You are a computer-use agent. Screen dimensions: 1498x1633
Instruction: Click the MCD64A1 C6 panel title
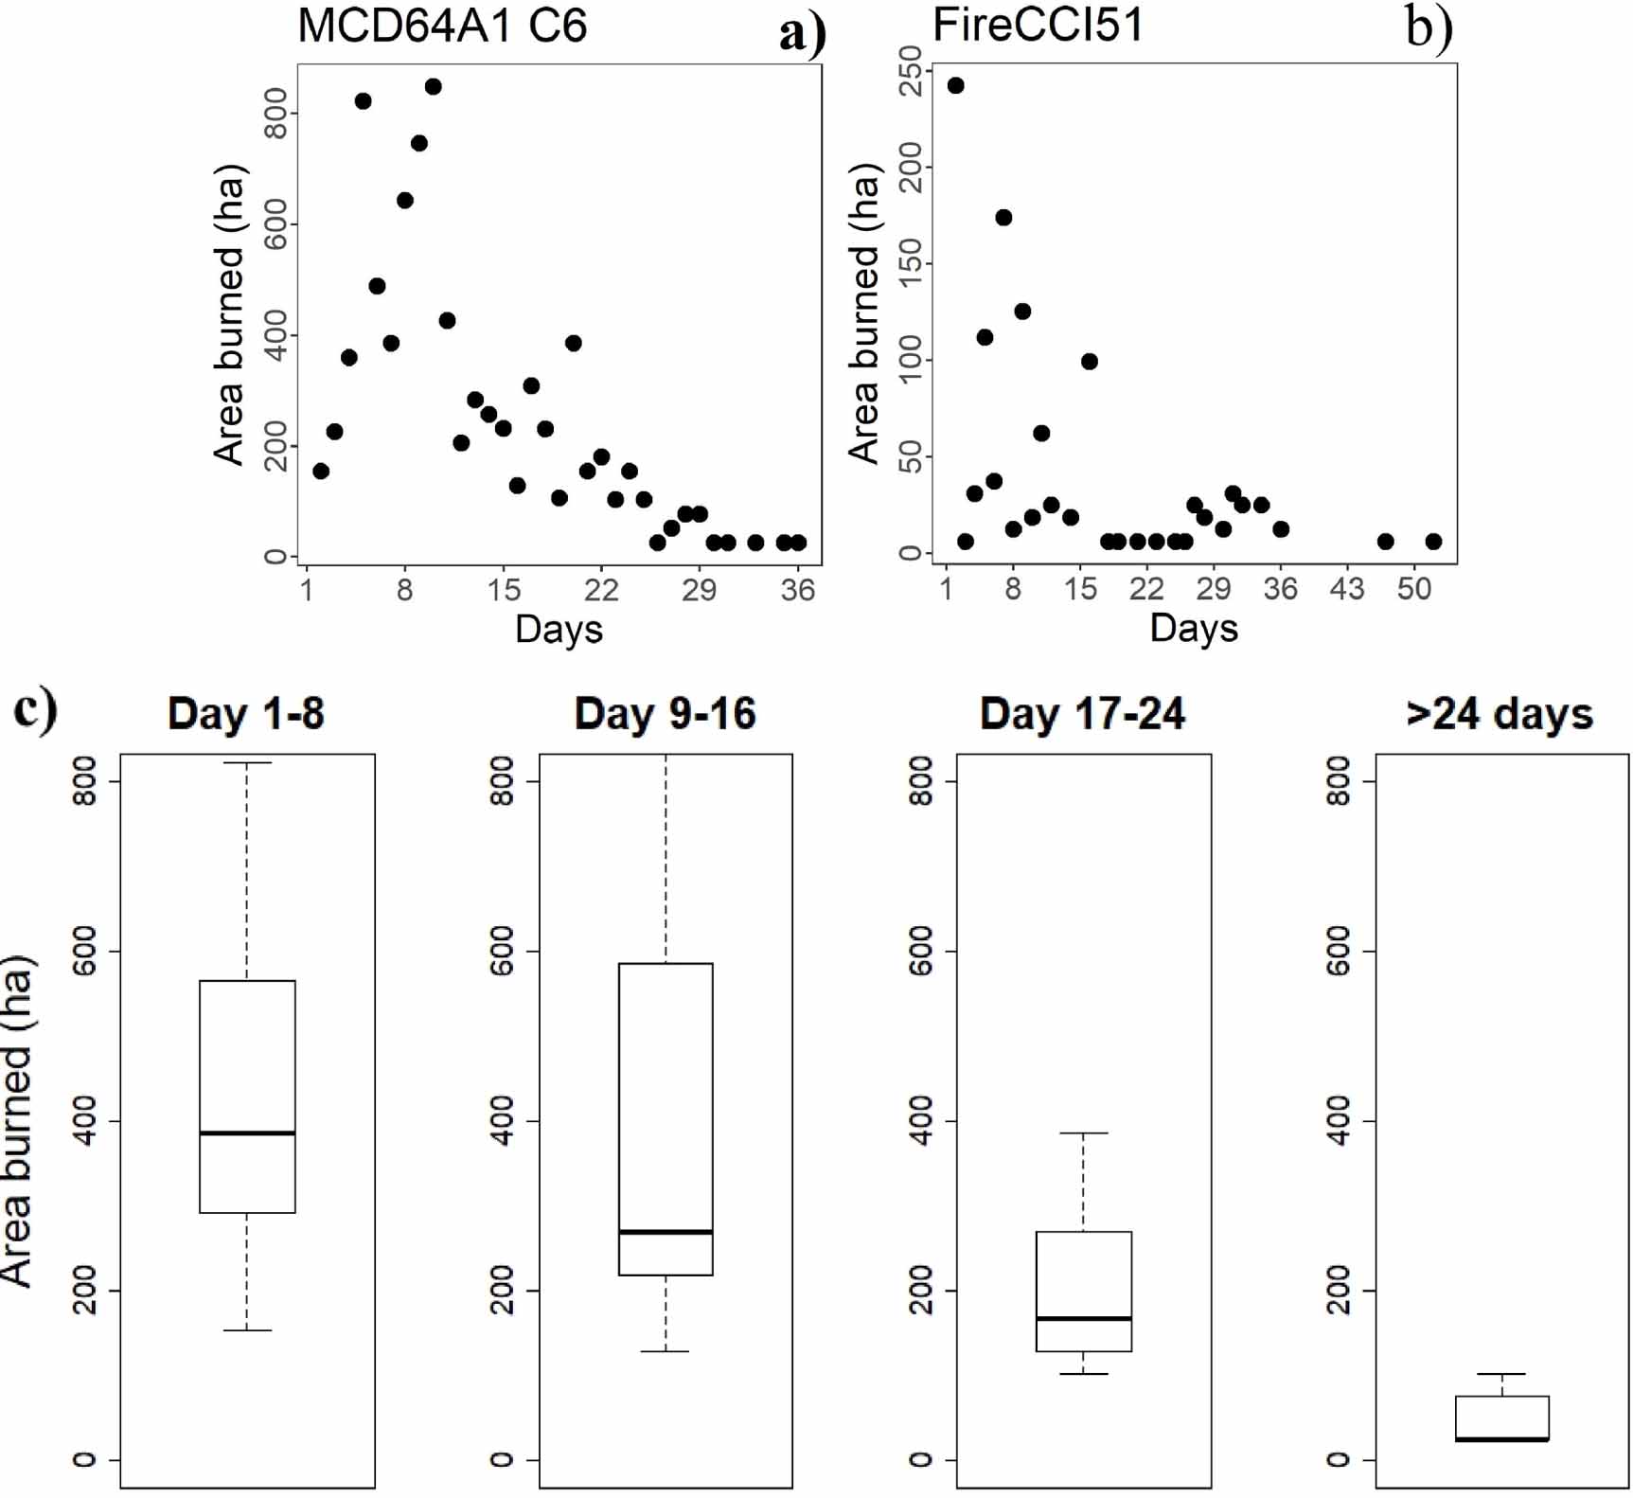pyautogui.click(x=442, y=26)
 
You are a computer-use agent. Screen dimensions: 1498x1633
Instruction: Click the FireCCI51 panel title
pyautogui.click(x=1038, y=26)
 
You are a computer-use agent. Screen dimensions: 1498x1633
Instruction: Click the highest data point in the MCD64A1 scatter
pyautogui.click(x=434, y=87)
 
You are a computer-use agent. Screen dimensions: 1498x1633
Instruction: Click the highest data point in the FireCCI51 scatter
pyautogui.click(x=956, y=86)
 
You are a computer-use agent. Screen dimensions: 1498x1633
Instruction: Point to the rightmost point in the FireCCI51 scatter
pyautogui.click(x=1433, y=542)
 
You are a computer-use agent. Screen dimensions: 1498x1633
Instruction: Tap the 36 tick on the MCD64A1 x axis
pyautogui.click(x=798, y=590)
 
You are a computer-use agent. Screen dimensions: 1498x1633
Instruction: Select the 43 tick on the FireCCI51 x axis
pyautogui.click(x=1347, y=590)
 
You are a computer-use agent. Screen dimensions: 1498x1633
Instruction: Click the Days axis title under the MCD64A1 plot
pyautogui.click(x=559, y=630)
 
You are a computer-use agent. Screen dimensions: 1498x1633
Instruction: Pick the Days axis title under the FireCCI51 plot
pyautogui.click(x=1194, y=629)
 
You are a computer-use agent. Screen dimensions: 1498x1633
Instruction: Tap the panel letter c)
pyautogui.click(x=35, y=709)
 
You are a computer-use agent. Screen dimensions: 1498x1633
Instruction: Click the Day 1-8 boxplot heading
pyautogui.click(x=246, y=714)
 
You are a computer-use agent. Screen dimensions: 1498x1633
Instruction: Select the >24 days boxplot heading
pyautogui.click(x=1500, y=714)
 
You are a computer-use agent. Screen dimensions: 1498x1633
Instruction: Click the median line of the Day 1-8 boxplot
pyautogui.click(x=247, y=1132)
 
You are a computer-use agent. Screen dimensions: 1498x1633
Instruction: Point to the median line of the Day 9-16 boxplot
pyautogui.click(x=666, y=1232)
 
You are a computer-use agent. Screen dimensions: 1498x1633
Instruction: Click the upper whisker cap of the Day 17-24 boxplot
pyautogui.click(x=1084, y=1133)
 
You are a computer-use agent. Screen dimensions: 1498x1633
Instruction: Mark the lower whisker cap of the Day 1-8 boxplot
pyautogui.click(x=247, y=1330)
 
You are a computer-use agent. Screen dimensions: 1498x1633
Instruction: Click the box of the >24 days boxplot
pyautogui.click(x=1502, y=1418)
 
